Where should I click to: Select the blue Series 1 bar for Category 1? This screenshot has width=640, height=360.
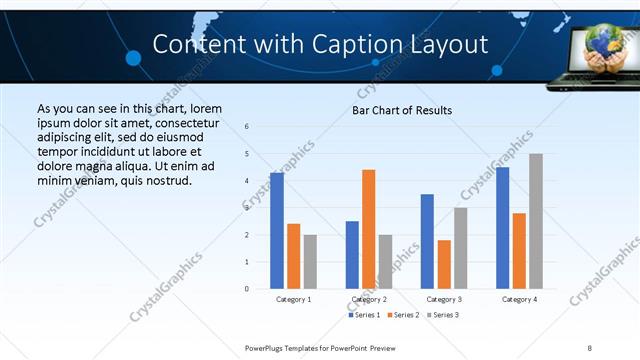[277, 231]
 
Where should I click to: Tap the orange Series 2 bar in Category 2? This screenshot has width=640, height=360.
[369, 229]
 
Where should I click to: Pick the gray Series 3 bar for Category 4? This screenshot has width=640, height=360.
[536, 221]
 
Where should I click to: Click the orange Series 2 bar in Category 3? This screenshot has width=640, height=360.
[444, 264]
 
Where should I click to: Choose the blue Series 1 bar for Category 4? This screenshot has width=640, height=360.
[502, 228]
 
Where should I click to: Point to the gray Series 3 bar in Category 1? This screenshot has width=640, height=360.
[311, 261]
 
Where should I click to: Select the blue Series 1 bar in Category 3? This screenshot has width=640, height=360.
[427, 241]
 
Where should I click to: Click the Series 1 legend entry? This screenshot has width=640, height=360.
[363, 315]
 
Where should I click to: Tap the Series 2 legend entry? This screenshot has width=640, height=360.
[402, 315]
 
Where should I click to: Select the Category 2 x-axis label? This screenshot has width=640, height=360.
[369, 299]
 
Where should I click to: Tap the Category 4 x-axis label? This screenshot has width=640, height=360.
[519, 299]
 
